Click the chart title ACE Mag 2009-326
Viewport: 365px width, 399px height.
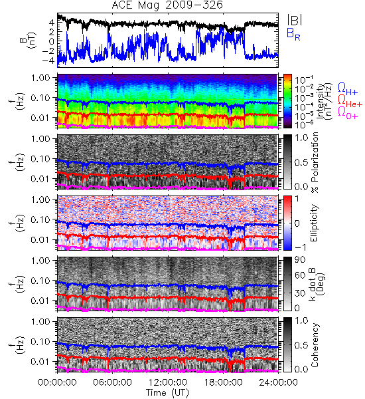point(167,5)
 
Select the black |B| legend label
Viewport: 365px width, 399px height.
point(295,20)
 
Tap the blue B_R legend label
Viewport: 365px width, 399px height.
point(293,35)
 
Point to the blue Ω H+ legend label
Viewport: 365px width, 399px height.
point(348,89)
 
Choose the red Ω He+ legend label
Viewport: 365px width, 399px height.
point(350,101)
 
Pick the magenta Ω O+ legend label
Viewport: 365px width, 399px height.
point(348,113)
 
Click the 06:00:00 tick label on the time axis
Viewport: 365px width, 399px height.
point(112,382)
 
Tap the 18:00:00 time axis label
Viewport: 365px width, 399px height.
point(223,382)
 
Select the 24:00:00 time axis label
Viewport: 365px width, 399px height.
point(278,382)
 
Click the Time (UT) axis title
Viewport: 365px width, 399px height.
point(167,393)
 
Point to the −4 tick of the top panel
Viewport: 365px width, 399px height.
point(48,61)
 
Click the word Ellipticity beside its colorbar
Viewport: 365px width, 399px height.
point(314,223)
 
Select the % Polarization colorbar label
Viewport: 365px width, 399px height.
point(315,162)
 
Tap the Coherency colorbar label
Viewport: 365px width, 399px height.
point(314,345)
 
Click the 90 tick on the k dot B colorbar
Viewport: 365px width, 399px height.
point(300,260)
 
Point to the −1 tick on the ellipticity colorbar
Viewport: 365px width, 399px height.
point(301,247)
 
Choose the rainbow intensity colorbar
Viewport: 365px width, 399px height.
point(287,101)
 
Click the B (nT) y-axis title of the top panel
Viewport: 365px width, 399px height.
point(29,41)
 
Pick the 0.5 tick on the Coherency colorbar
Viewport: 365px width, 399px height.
point(301,345)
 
